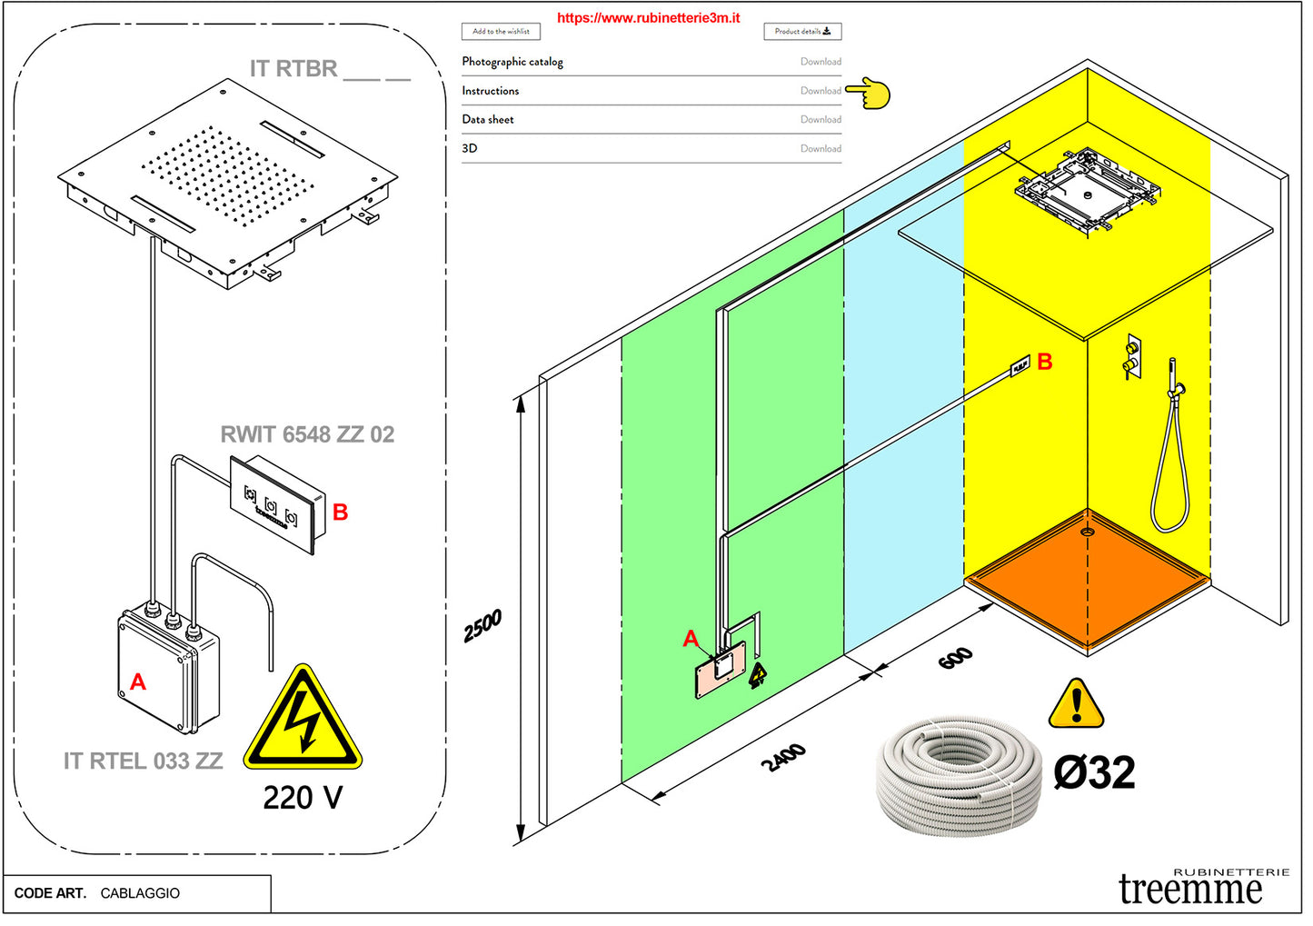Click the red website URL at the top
coord(648,17)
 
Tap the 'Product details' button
coord(801,32)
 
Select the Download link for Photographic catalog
coord(820,62)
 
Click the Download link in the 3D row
coord(820,149)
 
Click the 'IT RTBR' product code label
coord(293,69)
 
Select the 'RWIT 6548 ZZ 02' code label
coord(307,434)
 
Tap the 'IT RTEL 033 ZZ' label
coord(143,761)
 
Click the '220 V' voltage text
coord(303,798)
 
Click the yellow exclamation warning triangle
coord(1076,705)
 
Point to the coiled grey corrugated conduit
coord(959,773)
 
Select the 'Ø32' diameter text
coord(1094,773)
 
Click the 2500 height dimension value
coord(482,626)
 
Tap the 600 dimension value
coord(955,658)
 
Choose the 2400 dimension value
coord(783,757)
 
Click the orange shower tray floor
coord(1088,582)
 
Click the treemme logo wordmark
coord(1189,889)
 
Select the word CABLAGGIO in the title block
coord(140,893)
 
